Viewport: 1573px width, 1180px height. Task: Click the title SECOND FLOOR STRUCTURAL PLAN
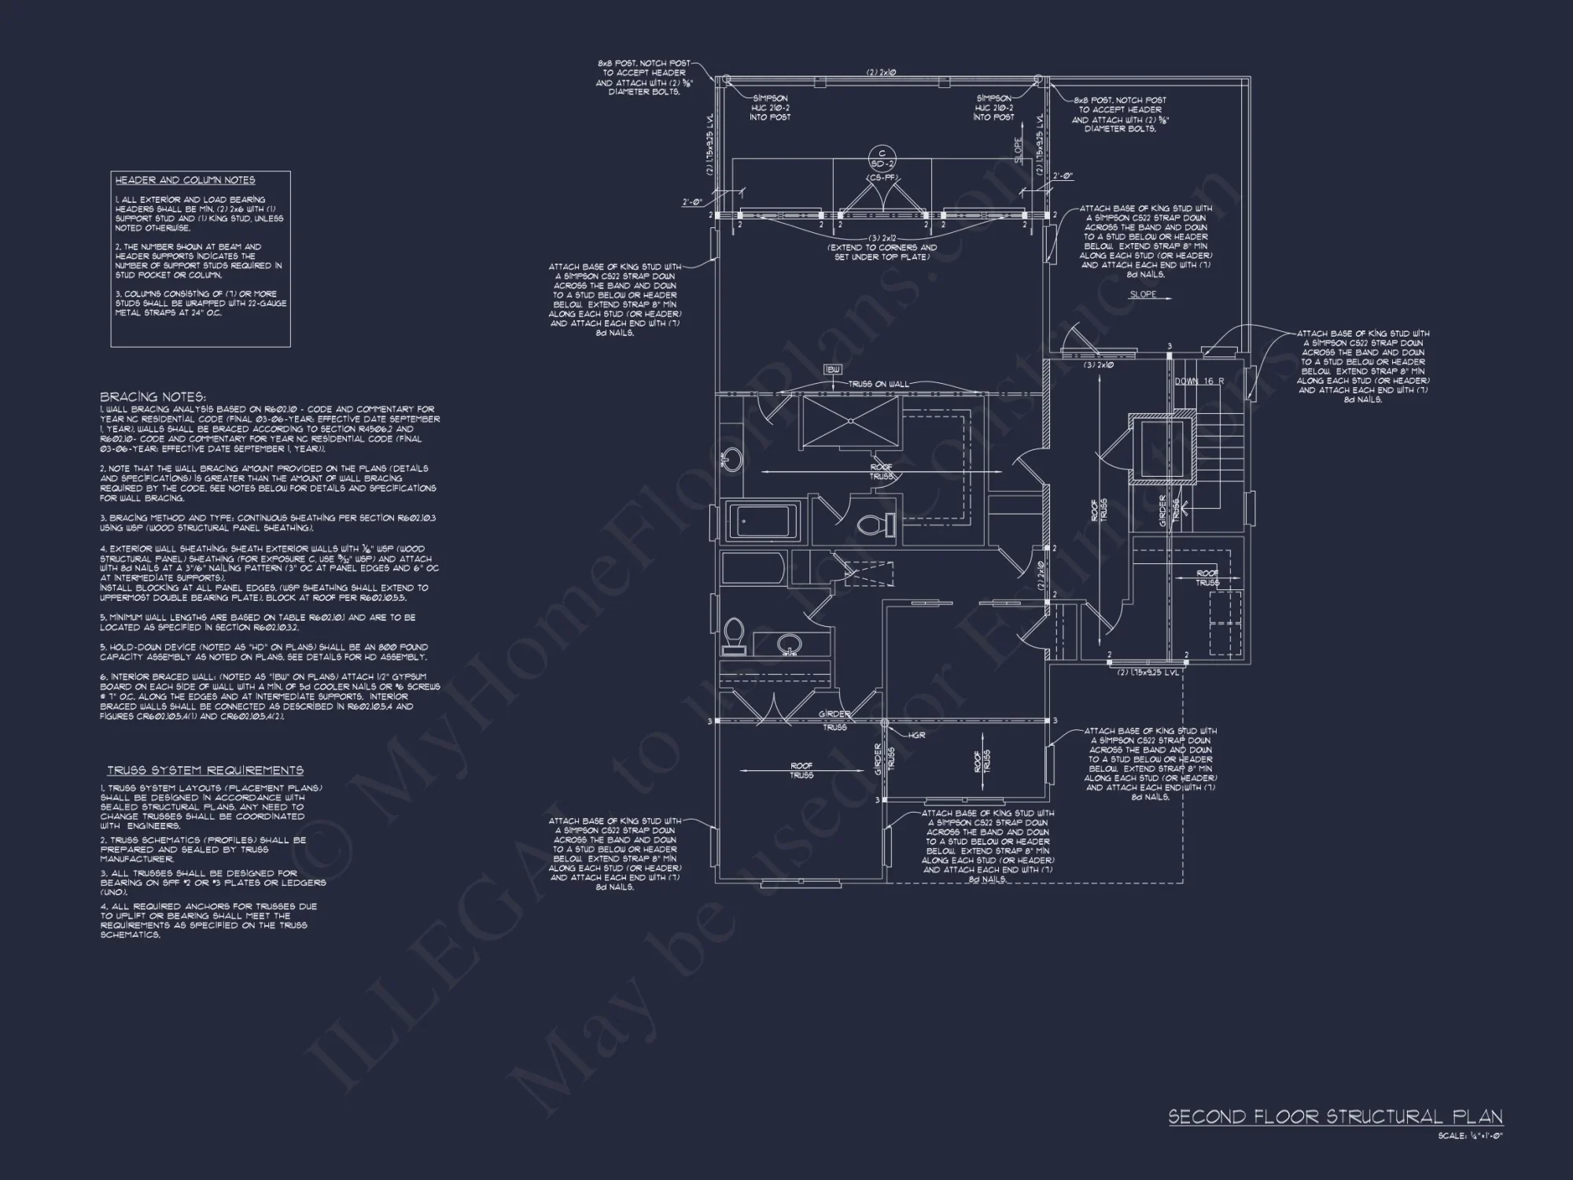pyautogui.click(x=1335, y=1117)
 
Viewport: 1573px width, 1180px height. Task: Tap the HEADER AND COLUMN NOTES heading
pyautogui.click(x=186, y=180)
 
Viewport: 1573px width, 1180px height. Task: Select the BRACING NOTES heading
pyautogui.click(x=153, y=396)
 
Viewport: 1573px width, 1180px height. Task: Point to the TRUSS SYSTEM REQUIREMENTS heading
pyautogui.click(x=205, y=770)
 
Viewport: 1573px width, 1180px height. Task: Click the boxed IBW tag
pyautogui.click(x=833, y=369)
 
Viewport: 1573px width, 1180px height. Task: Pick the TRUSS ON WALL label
pyautogui.click(x=878, y=384)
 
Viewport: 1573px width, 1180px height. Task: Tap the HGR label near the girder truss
pyautogui.click(x=916, y=735)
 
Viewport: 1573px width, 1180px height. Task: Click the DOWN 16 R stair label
pyautogui.click(x=1199, y=381)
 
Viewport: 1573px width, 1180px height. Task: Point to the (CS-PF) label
pyautogui.click(x=882, y=178)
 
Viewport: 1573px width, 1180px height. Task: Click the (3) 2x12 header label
pyautogui.click(x=882, y=238)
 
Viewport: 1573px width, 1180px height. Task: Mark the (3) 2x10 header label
pyautogui.click(x=1098, y=365)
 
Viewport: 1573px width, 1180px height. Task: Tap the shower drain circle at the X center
pyautogui.click(x=850, y=421)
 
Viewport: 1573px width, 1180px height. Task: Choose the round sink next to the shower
pyautogui.click(x=731, y=459)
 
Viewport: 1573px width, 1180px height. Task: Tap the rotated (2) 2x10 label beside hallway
pyautogui.click(x=1040, y=576)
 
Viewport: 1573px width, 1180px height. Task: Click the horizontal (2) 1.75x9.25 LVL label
pyautogui.click(x=1148, y=673)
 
